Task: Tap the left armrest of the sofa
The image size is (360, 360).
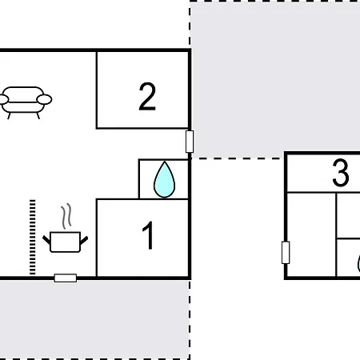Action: tap(6, 101)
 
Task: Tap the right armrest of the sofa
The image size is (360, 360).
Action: tap(46, 100)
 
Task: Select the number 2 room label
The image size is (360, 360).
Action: tap(146, 97)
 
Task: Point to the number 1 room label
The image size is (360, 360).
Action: tap(148, 237)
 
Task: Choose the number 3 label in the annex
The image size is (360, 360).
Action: tap(341, 174)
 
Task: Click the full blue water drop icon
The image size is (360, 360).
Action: tap(164, 179)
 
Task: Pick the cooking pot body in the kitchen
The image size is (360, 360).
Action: tap(64, 242)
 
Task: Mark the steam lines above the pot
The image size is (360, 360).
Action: tap(68, 215)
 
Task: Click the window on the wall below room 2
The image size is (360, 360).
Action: tap(190, 142)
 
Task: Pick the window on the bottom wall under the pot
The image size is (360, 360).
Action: tap(66, 278)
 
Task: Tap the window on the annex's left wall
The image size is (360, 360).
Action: tap(286, 253)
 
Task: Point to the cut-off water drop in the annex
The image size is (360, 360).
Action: tap(356, 263)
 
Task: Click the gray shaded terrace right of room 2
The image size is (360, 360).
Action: tap(272, 80)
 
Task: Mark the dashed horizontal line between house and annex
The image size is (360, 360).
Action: tap(238, 158)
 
